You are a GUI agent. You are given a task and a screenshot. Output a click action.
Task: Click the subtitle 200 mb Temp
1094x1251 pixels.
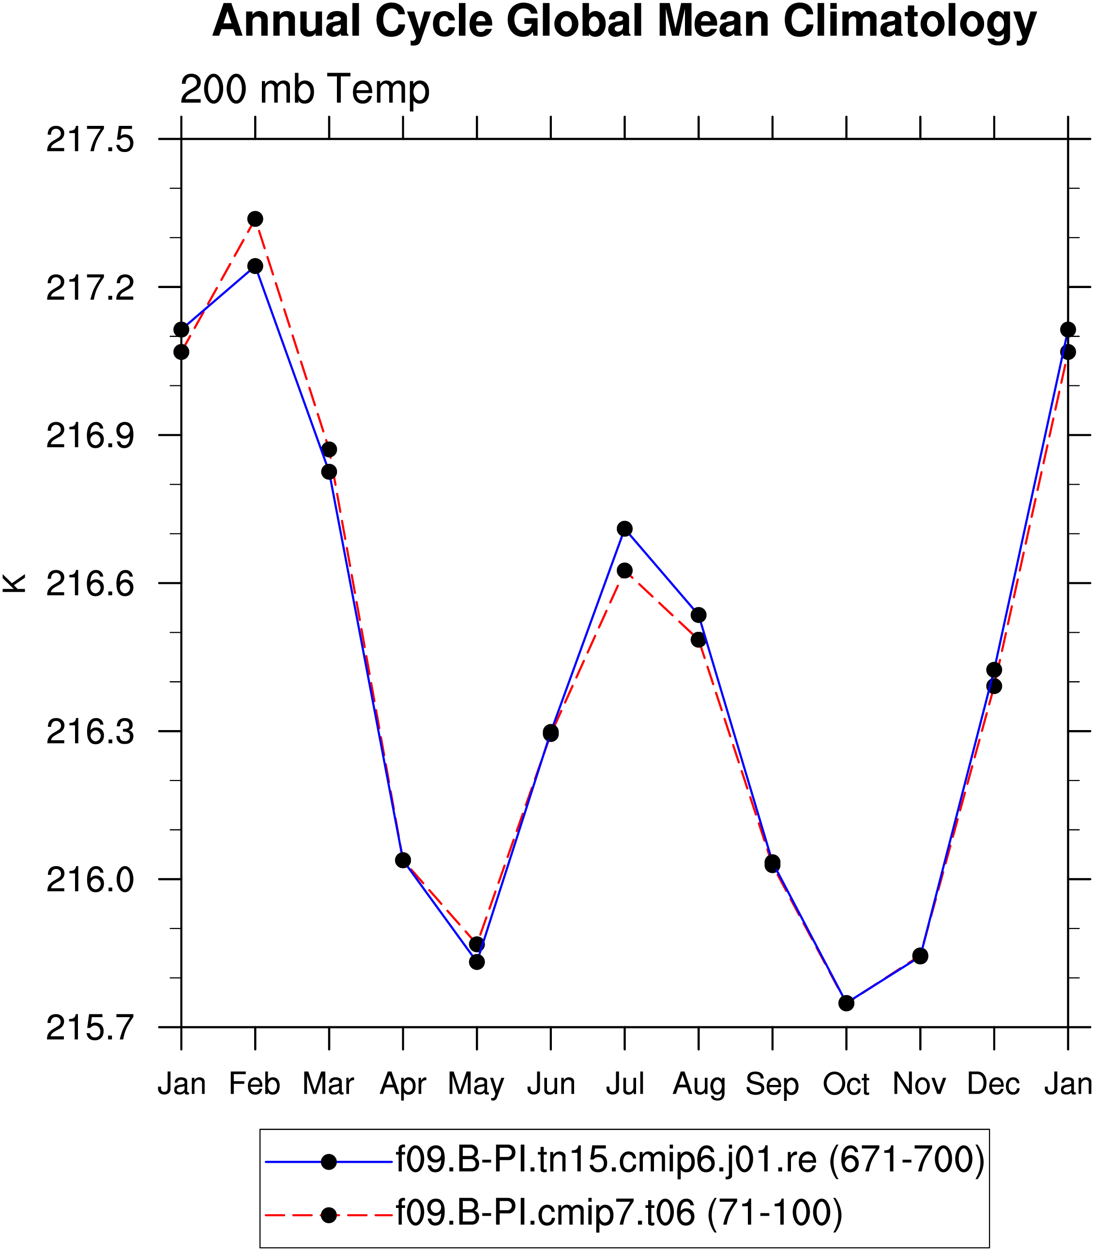[304, 89]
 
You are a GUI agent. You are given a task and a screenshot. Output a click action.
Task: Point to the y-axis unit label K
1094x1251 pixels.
[15, 583]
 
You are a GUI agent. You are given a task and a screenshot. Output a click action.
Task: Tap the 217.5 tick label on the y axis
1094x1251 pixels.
[91, 140]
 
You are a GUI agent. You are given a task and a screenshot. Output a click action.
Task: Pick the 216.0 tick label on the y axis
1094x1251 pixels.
[91, 880]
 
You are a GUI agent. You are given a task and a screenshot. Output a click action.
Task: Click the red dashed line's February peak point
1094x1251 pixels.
[255, 219]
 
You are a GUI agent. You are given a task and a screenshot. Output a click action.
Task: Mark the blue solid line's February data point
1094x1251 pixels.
[255, 266]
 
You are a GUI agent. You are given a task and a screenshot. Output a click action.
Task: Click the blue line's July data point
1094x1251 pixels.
[624, 529]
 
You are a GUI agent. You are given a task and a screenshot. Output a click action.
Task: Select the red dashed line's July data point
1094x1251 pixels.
[624, 571]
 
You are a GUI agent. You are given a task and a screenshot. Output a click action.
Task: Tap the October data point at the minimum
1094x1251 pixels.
[846, 1003]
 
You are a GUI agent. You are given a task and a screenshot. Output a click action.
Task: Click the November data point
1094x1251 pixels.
[921, 956]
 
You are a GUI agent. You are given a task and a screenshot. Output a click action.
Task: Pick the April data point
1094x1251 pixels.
[403, 860]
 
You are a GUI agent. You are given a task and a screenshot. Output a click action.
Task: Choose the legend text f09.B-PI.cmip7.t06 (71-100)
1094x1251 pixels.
[619, 1213]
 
